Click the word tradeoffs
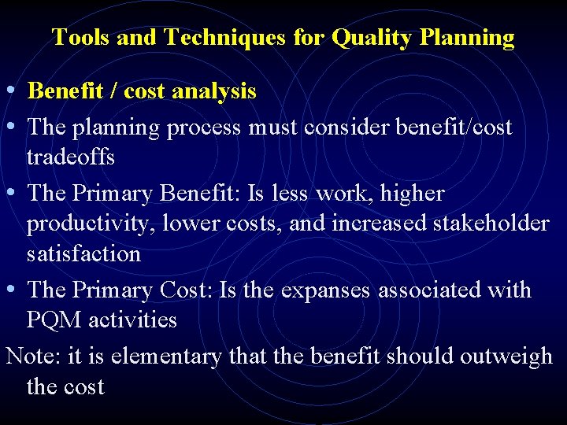point(71,157)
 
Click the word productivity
point(91,224)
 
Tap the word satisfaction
point(83,254)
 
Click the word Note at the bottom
point(32,356)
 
